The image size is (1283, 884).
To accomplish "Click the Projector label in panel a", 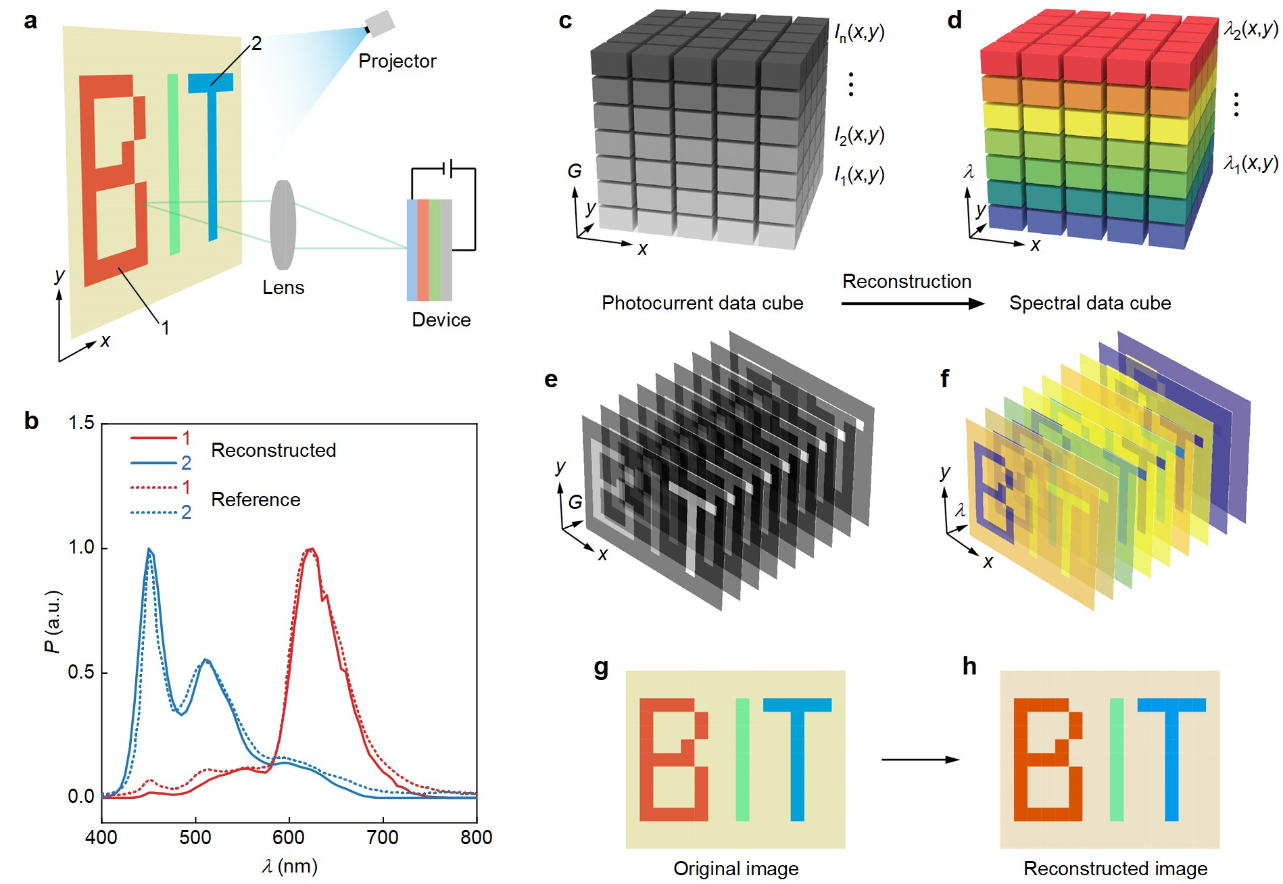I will [397, 62].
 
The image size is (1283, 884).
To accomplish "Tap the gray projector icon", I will [379, 24].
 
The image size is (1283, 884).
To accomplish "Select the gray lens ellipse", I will [283, 224].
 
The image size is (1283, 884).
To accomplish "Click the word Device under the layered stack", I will [441, 320].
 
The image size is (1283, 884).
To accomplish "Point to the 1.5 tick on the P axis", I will [82, 424].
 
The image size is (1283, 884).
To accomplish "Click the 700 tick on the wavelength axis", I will [383, 837].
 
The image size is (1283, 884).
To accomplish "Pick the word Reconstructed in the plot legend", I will [273, 450].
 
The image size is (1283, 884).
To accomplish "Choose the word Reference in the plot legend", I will [256, 499].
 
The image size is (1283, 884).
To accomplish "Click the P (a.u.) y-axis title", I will [53, 621].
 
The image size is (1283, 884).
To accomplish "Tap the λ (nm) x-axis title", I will [289, 866].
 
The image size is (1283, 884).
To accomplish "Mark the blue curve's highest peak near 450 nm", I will [149, 549].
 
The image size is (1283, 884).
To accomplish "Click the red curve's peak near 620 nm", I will [311, 549].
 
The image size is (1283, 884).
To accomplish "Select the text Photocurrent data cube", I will [702, 303].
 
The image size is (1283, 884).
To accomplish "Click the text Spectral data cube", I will [1090, 303].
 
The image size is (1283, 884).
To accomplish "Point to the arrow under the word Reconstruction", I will [913, 303].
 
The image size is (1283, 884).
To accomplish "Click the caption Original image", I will [735, 868].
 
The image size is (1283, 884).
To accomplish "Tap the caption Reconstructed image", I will [1115, 868].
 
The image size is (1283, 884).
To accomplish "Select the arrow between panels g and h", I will [920, 760].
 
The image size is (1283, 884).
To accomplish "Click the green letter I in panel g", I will [742, 760].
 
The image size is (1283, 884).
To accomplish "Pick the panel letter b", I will [31, 421].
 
